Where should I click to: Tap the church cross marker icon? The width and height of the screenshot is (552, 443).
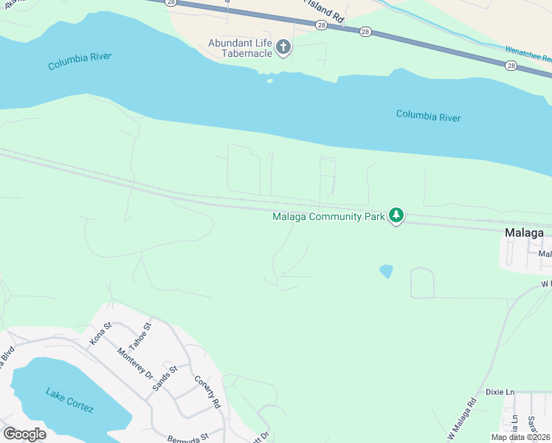283,49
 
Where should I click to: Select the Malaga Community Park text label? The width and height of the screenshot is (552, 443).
328,216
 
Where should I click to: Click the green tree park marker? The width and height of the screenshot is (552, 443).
397,216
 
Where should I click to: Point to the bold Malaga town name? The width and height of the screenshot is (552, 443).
525,233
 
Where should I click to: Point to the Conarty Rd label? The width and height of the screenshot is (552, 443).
208,392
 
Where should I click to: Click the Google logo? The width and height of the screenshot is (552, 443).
24,434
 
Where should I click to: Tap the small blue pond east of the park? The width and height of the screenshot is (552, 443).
386,272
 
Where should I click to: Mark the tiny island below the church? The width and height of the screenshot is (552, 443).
270,80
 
